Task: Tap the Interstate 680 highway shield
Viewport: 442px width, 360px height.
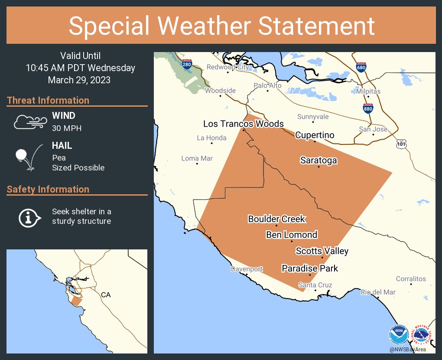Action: point(361,67)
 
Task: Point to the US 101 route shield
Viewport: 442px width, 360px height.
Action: point(402,144)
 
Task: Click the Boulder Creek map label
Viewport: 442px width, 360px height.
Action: point(276,219)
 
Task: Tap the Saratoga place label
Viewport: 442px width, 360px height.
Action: point(318,160)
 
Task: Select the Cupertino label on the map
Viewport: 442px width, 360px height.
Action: point(315,135)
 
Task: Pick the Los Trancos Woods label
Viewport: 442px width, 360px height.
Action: point(244,124)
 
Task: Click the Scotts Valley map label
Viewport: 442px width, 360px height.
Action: point(322,251)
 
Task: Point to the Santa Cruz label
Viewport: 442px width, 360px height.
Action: point(315,285)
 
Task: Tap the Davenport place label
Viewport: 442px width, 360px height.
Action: point(247,269)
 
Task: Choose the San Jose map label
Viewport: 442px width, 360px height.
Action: point(373,129)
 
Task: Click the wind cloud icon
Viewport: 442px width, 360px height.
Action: point(29,122)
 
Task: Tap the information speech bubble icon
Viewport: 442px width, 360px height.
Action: point(29,217)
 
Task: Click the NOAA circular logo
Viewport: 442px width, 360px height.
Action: point(398,335)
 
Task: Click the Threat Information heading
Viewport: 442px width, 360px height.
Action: point(48,100)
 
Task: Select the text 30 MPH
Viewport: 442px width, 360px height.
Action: point(67,128)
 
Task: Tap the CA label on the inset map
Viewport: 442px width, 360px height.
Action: point(106,295)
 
